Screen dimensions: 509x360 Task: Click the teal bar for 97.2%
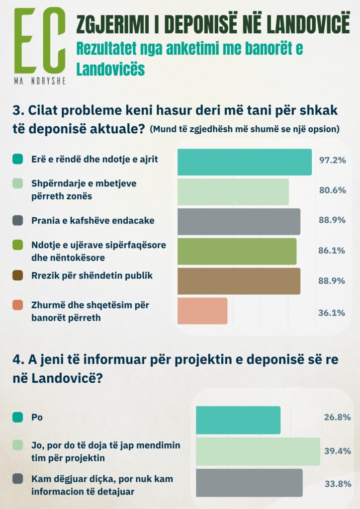(244, 162)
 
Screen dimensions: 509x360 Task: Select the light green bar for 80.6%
(233, 192)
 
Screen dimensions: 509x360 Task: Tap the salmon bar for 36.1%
(202, 311)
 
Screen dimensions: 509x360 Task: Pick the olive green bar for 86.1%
(237, 252)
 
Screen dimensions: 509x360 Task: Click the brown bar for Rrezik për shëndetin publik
(239, 281)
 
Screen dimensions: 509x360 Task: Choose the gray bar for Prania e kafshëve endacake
(239, 222)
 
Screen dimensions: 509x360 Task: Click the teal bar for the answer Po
(238, 420)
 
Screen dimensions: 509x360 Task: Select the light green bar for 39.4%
(258, 451)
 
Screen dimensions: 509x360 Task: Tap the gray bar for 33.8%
(249, 483)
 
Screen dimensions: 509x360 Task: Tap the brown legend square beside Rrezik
(17, 275)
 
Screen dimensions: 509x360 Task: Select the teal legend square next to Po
(17, 418)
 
